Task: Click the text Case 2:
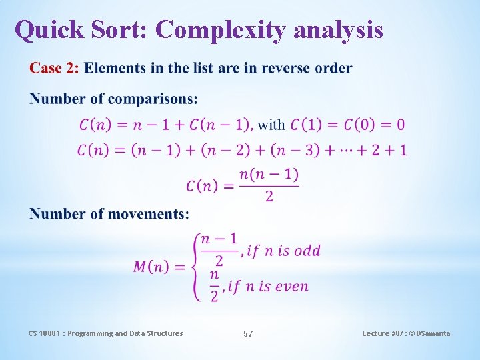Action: (x=54, y=68)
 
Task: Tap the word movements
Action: (x=147, y=213)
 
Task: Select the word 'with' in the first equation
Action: (x=271, y=125)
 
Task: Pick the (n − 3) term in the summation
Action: (x=297, y=150)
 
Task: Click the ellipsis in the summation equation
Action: (x=347, y=151)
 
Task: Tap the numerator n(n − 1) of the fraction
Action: (x=269, y=175)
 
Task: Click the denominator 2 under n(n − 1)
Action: (x=269, y=197)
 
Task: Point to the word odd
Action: (x=307, y=251)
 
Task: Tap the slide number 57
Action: (x=248, y=333)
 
